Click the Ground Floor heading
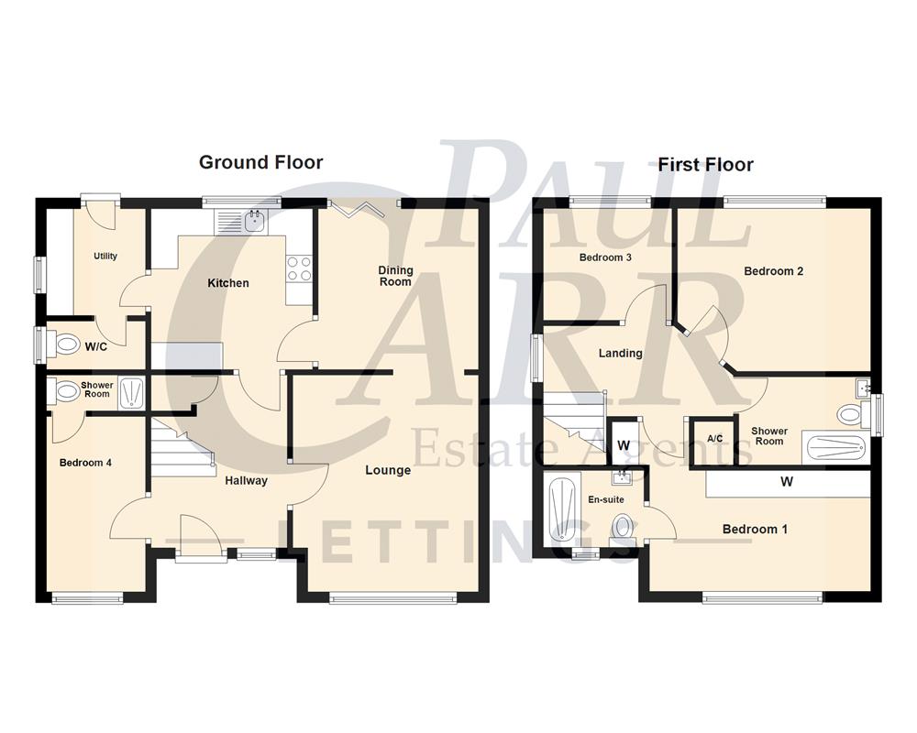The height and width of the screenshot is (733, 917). tap(260, 163)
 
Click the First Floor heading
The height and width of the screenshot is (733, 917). tap(705, 165)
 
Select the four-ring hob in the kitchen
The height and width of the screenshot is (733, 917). tap(299, 267)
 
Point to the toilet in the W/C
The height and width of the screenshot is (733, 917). tap(67, 345)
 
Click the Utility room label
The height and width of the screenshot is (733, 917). tap(105, 256)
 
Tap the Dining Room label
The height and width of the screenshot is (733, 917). tap(396, 276)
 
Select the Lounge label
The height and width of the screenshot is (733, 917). tap(388, 470)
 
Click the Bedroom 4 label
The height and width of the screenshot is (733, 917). tap(85, 463)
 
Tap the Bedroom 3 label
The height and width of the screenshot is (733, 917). tap(605, 257)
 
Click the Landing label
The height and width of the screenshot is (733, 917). tap(620, 353)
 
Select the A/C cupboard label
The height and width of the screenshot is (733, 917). tap(715, 439)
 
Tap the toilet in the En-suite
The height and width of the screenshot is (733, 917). tap(623, 526)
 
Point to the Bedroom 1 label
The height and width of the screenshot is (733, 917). tap(755, 529)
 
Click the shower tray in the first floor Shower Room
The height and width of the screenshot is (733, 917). tap(834, 446)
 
